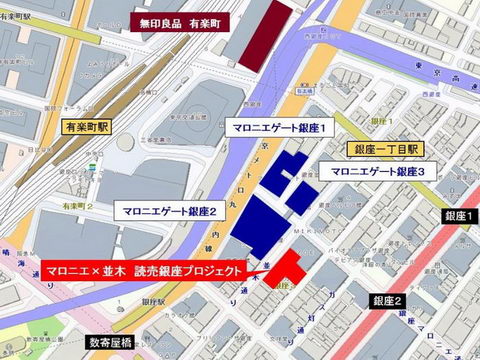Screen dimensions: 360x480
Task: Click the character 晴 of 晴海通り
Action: pyautogui.click(x=9, y=254)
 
